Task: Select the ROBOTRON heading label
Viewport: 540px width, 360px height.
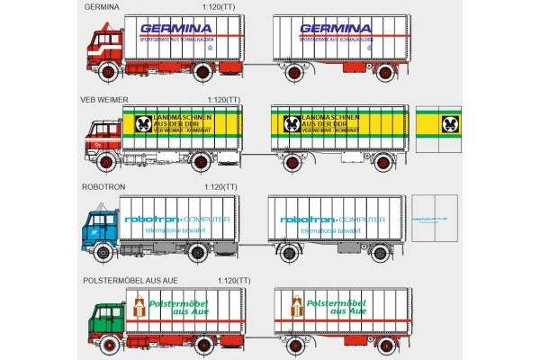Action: click(x=103, y=186)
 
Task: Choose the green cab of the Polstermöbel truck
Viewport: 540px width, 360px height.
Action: click(x=106, y=319)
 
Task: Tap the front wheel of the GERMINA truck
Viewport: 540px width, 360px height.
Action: click(x=110, y=73)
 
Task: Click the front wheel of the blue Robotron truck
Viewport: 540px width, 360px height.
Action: click(x=108, y=254)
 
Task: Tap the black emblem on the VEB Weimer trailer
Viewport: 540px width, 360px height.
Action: click(x=292, y=124)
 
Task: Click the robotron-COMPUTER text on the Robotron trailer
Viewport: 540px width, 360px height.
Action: click(x=332, y=219)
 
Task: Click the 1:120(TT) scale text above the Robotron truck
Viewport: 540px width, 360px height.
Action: click(x=220, y=186)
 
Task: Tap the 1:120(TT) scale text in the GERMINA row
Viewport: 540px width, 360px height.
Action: click(x=220, y=6)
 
